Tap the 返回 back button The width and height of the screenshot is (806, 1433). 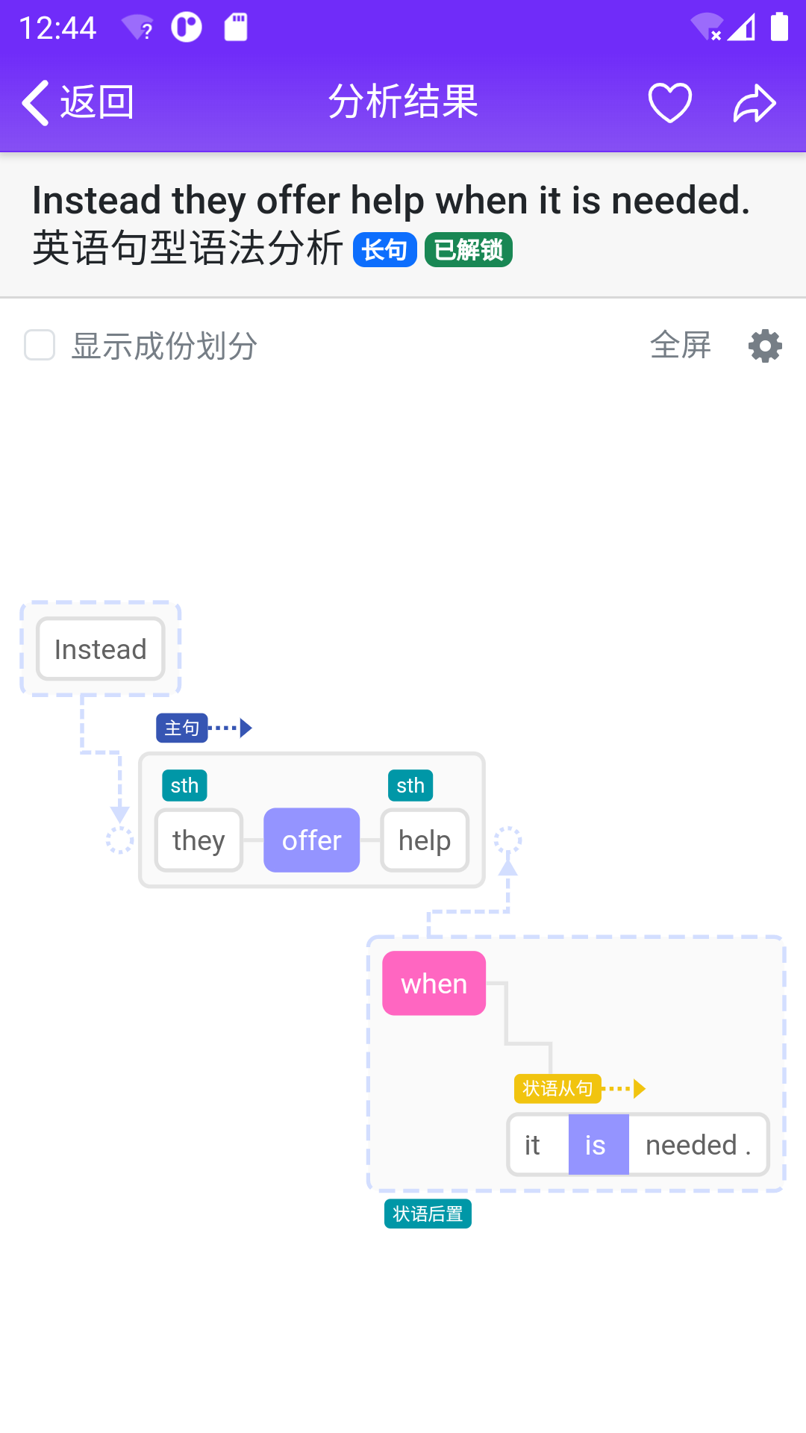coord(78,102)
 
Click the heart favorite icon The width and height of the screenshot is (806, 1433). coord(669,102)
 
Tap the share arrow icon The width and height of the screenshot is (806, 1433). coord(755,103)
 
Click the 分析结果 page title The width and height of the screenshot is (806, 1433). coord(403,102)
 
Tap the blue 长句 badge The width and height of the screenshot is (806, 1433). coord(384,250)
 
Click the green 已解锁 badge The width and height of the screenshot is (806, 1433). coord(468,250)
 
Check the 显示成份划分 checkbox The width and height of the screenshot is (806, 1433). coord(40,346)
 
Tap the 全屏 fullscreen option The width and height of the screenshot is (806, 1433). coord(680,346)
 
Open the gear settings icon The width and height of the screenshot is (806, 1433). coord(765,346)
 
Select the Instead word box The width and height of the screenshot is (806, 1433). coord(101,649)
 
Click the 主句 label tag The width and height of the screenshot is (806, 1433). coord(181,728)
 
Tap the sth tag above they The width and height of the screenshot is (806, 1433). coord(184,785)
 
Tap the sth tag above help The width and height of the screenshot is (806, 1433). coord(410,785)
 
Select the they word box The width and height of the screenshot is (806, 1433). coord(199,840)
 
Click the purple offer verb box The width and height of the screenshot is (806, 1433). coord(311,840)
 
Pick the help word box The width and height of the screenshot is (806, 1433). coord(425,840)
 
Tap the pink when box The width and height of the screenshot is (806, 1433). coord(434,984)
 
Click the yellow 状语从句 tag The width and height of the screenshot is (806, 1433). coord(557,1089)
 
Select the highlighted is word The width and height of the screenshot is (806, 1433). coord(598,1145)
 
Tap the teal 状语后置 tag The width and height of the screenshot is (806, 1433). coord(428,1214)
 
